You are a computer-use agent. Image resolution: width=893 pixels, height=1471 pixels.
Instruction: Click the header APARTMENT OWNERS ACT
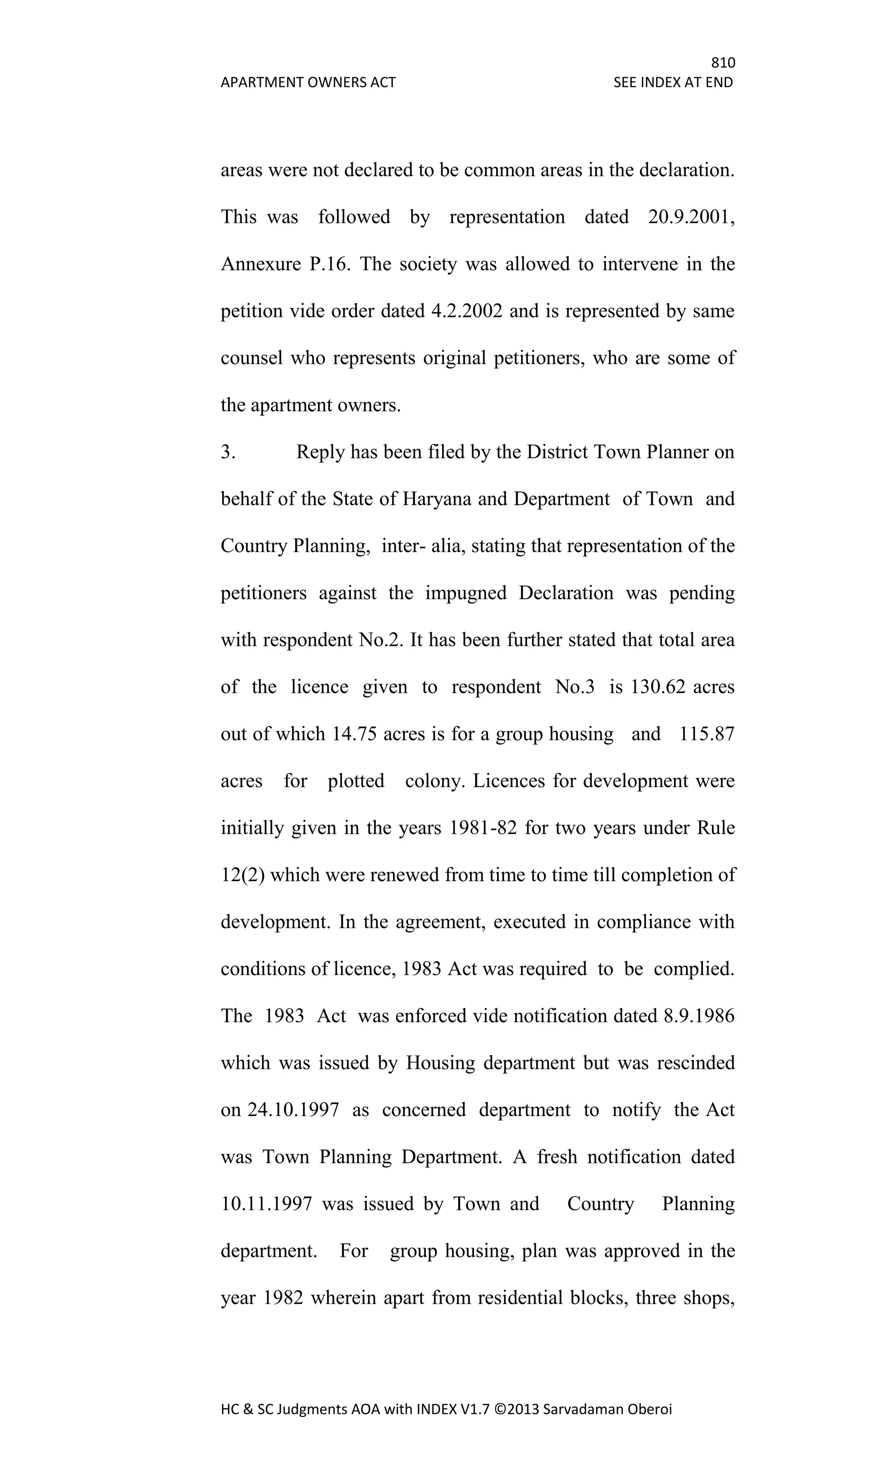coord(308,82)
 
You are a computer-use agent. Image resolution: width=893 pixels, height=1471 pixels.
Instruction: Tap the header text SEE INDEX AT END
coord(673,82)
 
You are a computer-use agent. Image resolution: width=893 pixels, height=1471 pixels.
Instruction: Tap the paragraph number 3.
coord(228,452)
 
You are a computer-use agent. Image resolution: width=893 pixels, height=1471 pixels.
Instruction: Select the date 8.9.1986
coord(699,1016)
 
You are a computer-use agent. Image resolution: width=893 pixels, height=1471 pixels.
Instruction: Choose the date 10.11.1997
coord(266,1204)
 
